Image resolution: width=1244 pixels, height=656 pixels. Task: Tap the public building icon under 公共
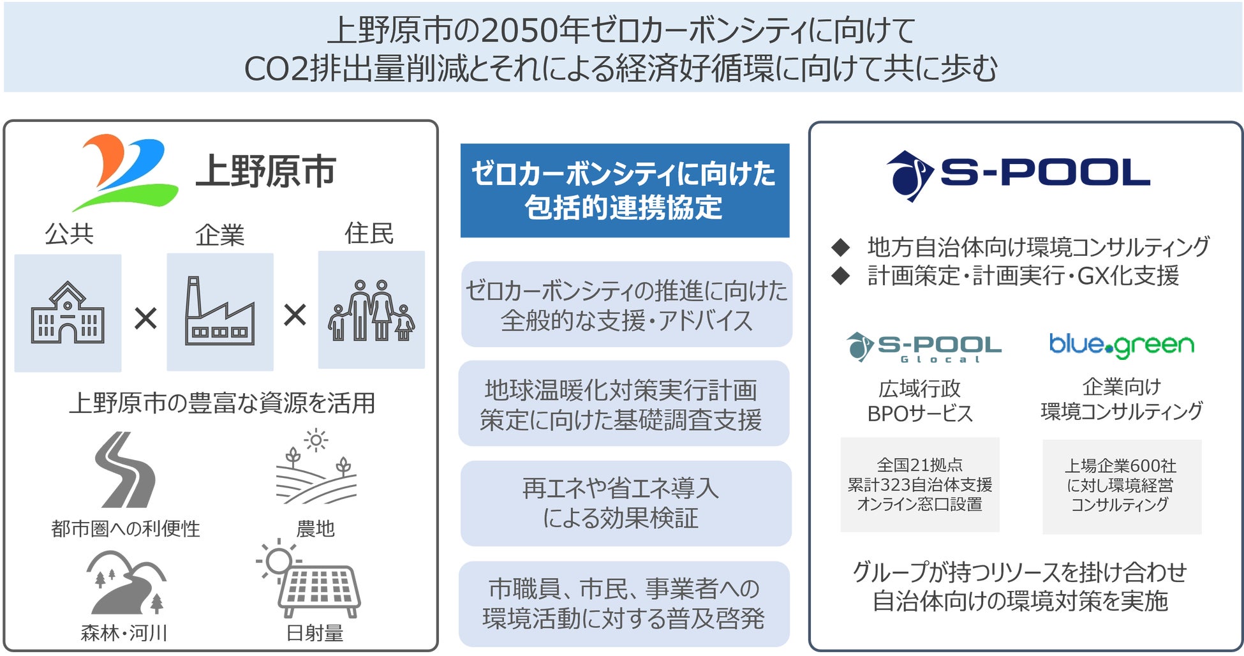click(68, 313)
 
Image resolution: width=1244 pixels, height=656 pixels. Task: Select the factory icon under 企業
click(220, 312)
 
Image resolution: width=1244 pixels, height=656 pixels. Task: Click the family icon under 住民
click(371, 310)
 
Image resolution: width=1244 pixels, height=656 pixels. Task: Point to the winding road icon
click(124, 470)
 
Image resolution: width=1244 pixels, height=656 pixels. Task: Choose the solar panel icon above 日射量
click(311, 579)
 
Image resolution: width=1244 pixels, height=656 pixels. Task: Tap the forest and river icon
click(126, 582)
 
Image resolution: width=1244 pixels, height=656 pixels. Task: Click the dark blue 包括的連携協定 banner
click(625, 190)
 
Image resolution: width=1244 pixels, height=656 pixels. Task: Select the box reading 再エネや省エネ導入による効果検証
click(625, 503)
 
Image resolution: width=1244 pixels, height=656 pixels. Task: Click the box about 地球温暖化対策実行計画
click(623, 403)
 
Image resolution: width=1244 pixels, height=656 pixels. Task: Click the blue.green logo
click(1122, 345)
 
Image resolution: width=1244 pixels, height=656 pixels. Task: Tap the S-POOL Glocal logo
click(923, 347)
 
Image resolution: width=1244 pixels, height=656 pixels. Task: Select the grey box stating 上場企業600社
click(1122, 486)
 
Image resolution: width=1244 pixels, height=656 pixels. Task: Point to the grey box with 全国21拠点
click(919, 484)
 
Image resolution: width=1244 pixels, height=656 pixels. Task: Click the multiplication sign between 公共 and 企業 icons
click(145, 317)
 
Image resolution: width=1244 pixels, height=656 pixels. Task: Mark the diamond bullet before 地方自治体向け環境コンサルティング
click(841, 246)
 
